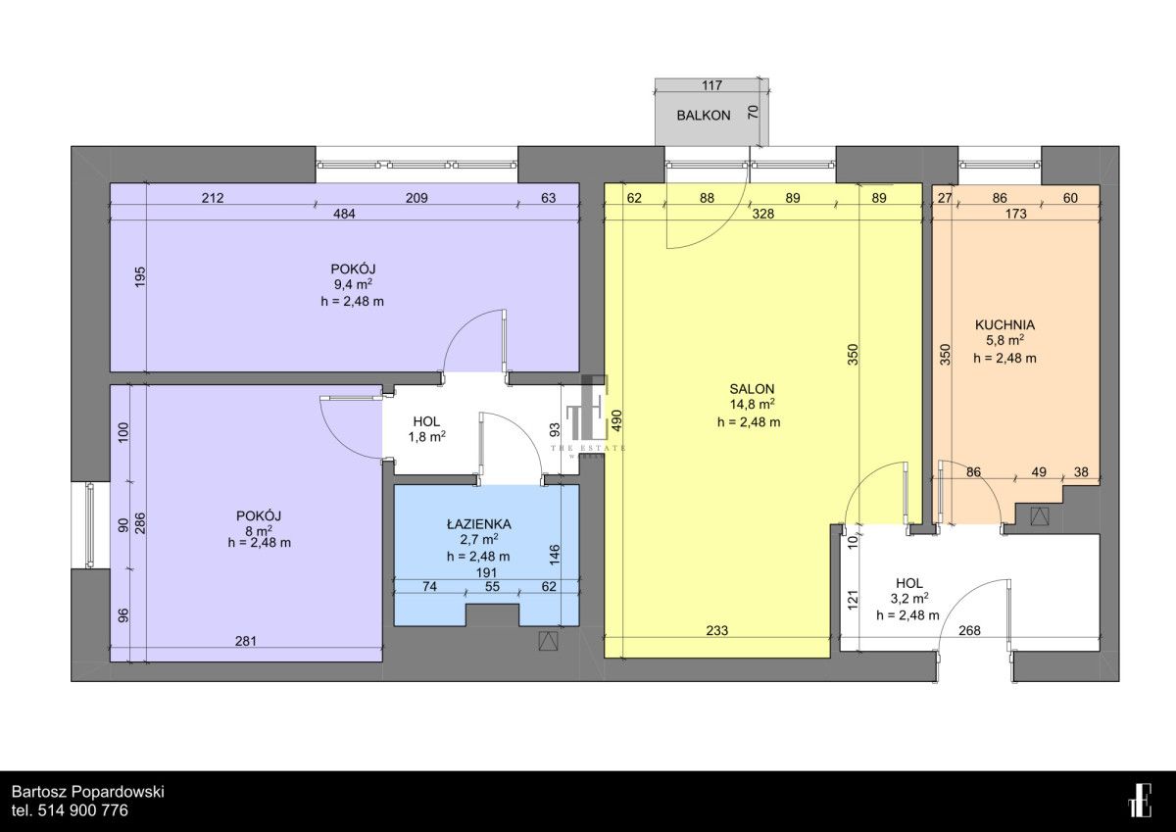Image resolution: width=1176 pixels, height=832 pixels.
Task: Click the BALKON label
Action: [x=703, y=116]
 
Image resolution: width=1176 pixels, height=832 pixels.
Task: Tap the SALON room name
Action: [x=752, y=389]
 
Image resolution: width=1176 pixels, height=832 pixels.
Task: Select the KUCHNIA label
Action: [x=1004, y=325]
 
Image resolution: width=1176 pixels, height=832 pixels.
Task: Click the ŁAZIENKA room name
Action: [x=479, y=524]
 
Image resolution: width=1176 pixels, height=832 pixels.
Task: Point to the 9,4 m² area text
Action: [x=354, y=284]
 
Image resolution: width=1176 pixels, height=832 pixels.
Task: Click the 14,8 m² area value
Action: [x=753, y=405]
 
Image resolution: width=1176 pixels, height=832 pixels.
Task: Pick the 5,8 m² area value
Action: [x=1004, y=341]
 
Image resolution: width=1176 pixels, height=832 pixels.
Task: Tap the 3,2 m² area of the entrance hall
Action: [x=909, y=598]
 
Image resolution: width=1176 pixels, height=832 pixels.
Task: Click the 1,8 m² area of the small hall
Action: [x=427, y=436]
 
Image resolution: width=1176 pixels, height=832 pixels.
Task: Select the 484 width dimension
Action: [x=344, y=214]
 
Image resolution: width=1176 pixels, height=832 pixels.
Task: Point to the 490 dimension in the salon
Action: [x=616, y=420]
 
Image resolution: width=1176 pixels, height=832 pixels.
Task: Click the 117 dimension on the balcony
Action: [x=711, y=85]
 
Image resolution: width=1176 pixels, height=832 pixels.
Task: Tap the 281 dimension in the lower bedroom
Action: [x=245, y=641]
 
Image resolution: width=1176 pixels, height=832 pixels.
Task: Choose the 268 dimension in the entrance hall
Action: [x=969, y=630]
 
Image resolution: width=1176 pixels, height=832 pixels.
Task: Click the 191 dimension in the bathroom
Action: [x=486, y=572]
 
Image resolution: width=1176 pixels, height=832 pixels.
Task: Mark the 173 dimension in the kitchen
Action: [x=1016, y=214]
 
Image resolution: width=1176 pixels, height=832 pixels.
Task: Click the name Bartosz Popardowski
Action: [x=88, y=792]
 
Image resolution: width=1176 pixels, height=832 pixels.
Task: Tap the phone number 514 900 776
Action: [x=83, y=811]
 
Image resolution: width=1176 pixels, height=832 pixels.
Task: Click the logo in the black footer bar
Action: [x=1140, y=800]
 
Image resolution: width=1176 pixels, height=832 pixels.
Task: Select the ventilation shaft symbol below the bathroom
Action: [x=548, y=641]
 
